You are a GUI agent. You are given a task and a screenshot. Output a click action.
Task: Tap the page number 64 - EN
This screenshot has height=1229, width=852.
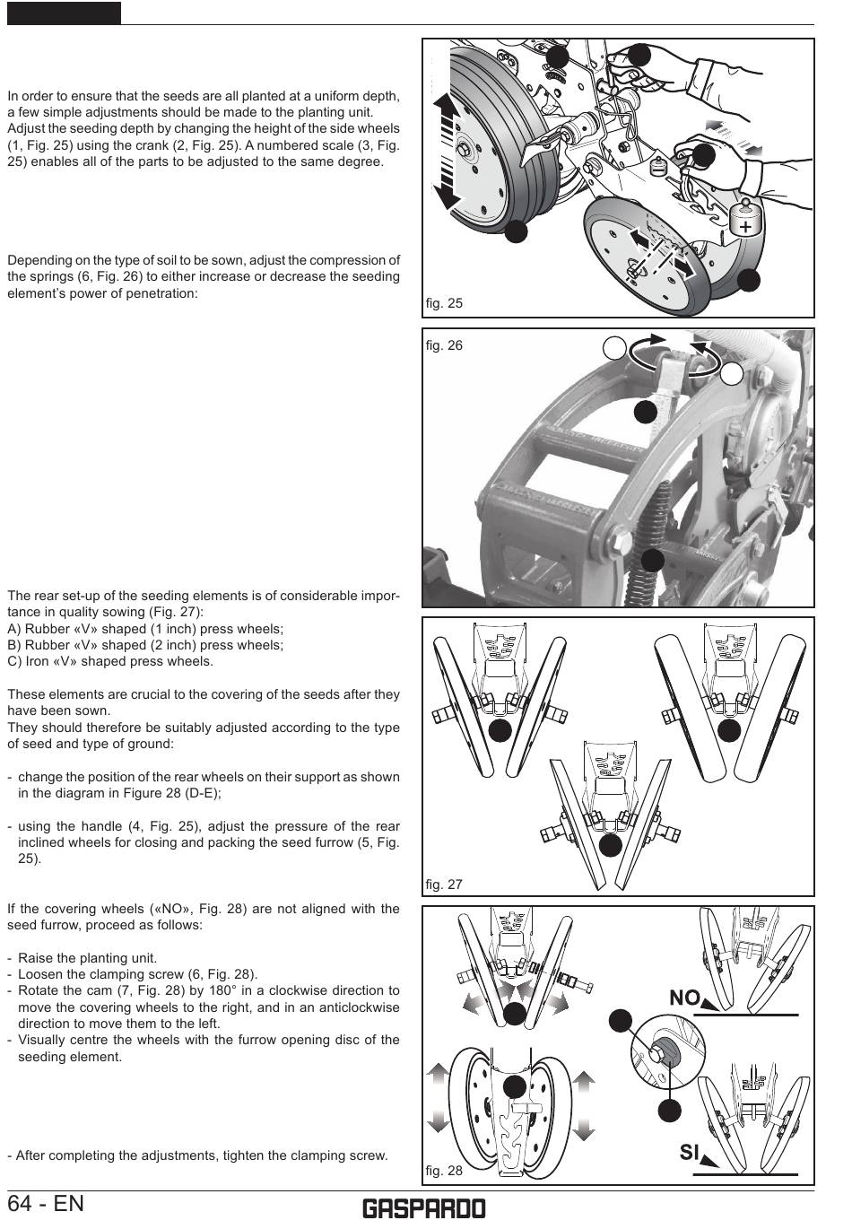[46, 1204]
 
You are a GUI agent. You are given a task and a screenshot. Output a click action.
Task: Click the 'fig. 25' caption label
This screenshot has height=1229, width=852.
[444, 303]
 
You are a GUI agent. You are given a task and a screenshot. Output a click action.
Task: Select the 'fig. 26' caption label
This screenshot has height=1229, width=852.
[444, 345]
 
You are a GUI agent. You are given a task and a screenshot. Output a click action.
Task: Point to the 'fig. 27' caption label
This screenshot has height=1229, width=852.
[444, 885]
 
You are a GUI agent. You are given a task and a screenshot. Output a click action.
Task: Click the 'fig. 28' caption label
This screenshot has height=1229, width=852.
[444, 1171]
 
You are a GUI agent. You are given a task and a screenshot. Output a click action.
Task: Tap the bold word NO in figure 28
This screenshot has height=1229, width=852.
[684, 998]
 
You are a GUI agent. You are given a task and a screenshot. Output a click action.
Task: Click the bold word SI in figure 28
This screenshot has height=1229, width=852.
[689, 1152]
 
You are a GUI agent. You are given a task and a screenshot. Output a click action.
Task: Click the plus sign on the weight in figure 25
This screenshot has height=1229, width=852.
[745, 227]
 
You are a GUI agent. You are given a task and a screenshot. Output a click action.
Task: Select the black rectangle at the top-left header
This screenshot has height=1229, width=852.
[64, 13]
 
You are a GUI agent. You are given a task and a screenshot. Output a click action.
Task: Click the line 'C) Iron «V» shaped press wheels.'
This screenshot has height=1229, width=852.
[110, 661]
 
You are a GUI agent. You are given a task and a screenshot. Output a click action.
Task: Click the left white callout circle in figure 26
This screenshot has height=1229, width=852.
[614, 348]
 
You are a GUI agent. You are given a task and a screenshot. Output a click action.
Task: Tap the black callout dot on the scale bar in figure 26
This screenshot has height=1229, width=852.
[646, 412]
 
